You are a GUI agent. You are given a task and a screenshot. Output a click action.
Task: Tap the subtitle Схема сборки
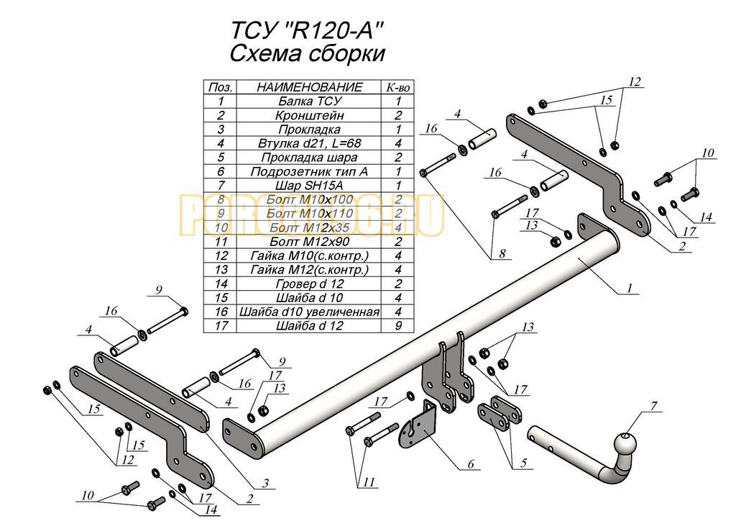[x=308, y=54]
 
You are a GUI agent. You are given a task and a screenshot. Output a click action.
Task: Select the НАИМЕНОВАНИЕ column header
[x=309, y=87]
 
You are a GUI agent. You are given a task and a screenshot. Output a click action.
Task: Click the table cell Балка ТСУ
[x=309, y=101]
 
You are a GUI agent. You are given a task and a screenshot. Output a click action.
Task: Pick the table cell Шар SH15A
[x=309, y=186]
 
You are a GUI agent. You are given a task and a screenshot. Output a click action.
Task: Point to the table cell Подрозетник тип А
[x=309, y=171]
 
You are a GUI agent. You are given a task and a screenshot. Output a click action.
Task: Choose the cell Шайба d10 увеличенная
[x=309, y=312]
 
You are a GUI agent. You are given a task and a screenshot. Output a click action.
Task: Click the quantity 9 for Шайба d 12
[x=397, y=326]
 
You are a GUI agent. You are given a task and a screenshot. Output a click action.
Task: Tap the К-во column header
[x=397, y=87]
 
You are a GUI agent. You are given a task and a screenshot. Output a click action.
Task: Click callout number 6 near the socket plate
[x=471, y=464]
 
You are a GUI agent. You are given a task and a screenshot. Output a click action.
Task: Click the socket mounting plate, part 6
[x=421, y=427]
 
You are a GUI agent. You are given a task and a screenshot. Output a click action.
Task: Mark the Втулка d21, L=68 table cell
[x=309, y=143]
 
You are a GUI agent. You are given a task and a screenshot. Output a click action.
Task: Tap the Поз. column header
[x=220, y=87]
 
